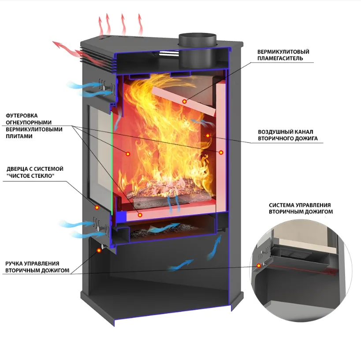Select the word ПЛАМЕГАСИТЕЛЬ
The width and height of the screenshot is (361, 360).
tap(280, 58)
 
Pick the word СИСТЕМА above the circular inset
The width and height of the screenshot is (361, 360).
tap(282, 205)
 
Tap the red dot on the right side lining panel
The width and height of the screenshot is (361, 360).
tap(221, 152)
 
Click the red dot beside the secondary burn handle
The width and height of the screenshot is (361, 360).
tap(99, 250)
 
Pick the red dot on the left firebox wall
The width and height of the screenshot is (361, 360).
tap(128, 154)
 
